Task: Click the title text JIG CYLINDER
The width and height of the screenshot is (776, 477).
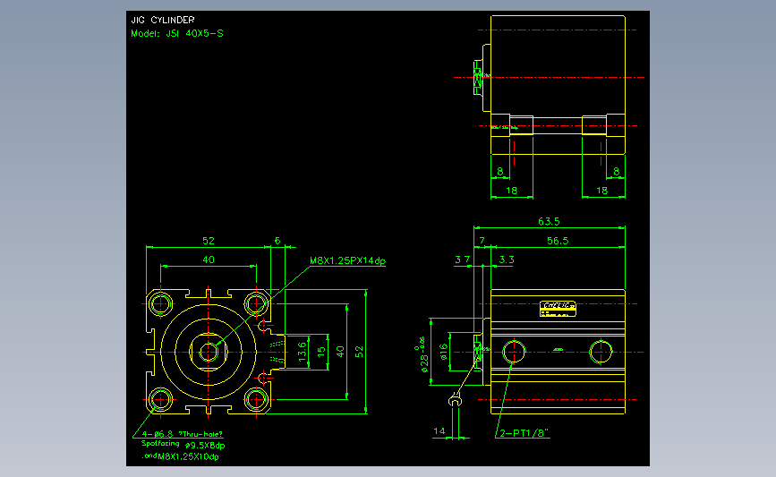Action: coord(162,20)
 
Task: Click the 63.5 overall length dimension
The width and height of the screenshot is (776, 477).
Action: coord(550,221)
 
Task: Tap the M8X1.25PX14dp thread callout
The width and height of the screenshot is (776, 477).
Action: coord(347,260)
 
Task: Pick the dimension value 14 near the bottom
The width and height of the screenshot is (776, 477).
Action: coord(439,431)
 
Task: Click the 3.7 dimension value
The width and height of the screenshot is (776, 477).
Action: coord(463,260)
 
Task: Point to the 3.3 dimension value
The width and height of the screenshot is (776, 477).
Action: coord(507,260)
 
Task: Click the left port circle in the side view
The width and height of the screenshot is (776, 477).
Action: coord(513,351)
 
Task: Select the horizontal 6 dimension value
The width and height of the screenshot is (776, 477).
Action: coord(277,241)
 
